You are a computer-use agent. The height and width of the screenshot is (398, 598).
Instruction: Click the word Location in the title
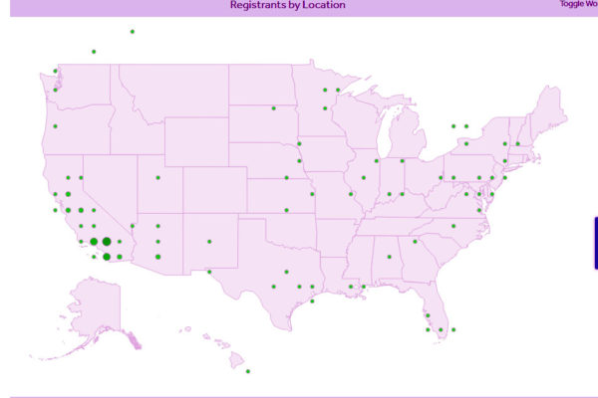[x=325, y=5]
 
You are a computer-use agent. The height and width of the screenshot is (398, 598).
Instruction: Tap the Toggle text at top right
[x=572, y=4]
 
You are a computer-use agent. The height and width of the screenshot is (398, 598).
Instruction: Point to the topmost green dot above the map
[x=132, y=32]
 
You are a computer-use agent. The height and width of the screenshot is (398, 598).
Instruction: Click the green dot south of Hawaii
[x=248, y=371]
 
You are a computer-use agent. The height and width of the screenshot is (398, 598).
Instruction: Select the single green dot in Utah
[x=157, y=178]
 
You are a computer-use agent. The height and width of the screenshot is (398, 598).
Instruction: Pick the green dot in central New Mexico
[x=209, y=241]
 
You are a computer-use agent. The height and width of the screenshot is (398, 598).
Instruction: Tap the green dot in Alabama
[x=390, y=257]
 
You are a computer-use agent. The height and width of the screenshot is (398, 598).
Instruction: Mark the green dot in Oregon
[x=56, y=126]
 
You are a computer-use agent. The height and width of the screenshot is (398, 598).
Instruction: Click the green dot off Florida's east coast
[x=453, y=329]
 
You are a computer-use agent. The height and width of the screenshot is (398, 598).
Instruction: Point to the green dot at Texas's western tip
[x=209, y=272]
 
